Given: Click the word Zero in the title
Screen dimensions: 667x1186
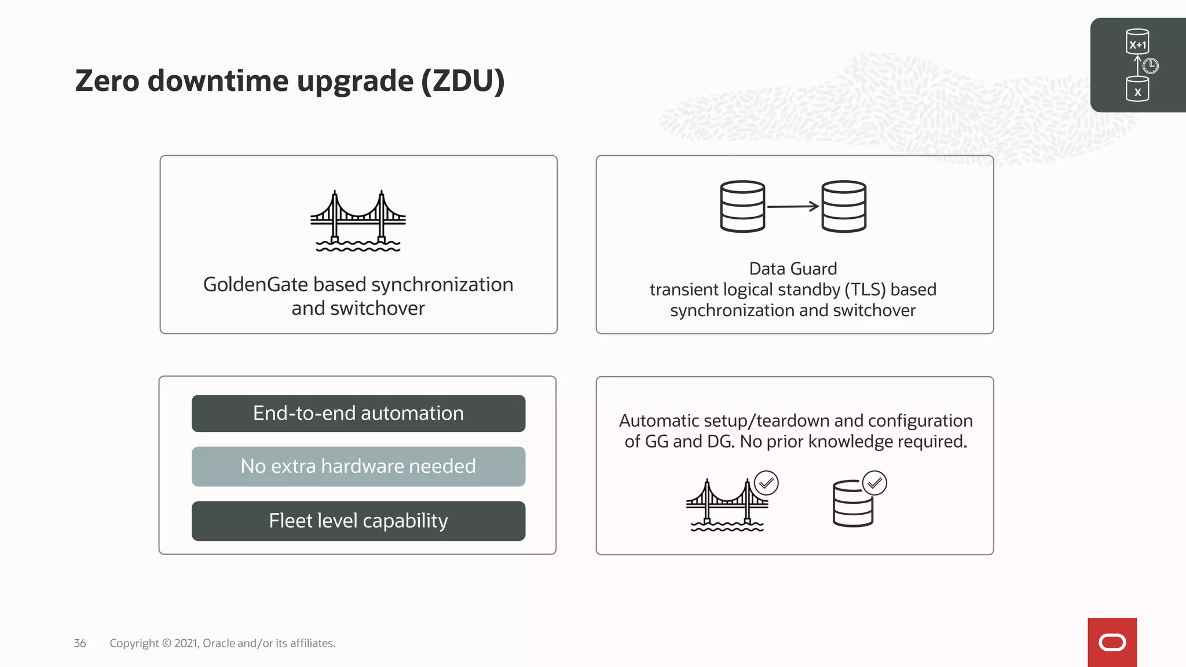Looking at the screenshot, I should click(107, 81).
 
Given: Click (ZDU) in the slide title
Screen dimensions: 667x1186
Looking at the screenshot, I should click(463, 81).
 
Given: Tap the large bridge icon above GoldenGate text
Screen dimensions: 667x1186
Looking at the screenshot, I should click(358, 221).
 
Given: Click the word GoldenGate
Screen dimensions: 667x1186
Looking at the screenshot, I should click(255, 285).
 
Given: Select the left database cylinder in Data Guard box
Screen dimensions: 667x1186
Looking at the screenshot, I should click(742, 207).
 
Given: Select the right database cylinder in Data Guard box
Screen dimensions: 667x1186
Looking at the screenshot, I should click(844, 207).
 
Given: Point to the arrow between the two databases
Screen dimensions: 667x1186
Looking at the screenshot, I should click(793, 206).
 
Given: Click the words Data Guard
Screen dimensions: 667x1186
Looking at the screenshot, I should click(793, 269).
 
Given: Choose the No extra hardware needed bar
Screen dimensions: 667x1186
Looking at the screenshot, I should click(358, 467).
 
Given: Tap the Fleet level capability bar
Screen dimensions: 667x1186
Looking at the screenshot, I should click(358, 521).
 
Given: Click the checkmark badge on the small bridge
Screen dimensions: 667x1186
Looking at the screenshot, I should click(766, 483).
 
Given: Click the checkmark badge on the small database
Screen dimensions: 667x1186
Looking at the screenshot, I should click(874, 483).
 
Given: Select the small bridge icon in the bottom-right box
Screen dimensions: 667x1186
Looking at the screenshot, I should click(726, 505).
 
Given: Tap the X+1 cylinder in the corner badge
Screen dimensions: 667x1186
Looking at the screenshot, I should click(1137, 42).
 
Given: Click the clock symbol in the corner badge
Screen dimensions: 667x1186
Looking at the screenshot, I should click(1151, 66).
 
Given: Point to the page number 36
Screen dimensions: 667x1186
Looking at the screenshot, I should click(80, 643).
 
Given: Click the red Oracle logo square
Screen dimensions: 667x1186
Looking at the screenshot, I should click(1112, 642).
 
